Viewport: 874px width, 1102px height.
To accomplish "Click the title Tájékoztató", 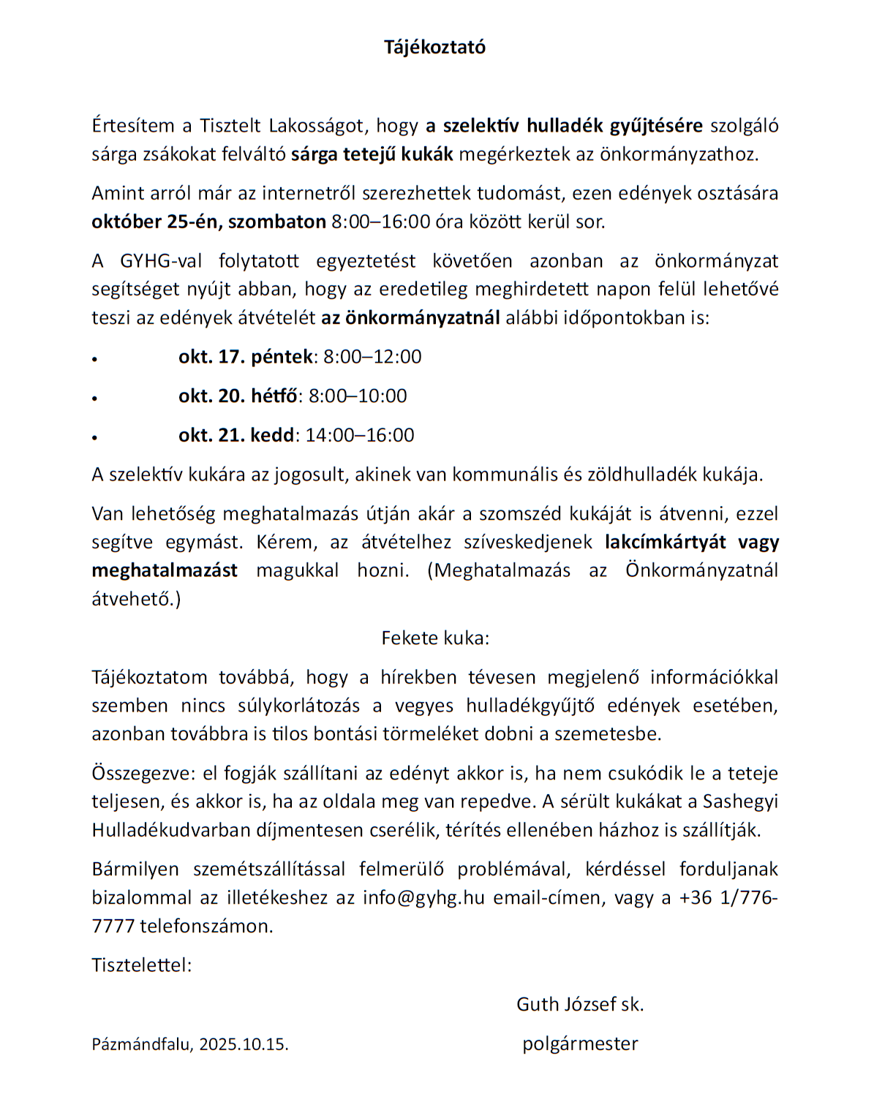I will pyautogui.click(x=434, y=48).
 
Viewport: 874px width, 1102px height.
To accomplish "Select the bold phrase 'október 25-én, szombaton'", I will pyautogui.click(x=208, y=222).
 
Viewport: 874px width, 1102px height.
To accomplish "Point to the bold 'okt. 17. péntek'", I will pyautogui.click(x=246, y=357).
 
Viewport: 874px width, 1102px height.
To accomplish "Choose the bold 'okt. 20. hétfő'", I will pyautogui.click(x=238, y=396).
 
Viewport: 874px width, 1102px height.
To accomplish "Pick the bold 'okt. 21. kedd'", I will pyautogui.click(x=236, y=435).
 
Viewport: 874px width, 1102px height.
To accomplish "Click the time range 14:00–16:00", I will pyautogui.click(x=360, y=435).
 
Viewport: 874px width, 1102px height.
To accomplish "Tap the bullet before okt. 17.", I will pyautogui.click(x=95, y=359).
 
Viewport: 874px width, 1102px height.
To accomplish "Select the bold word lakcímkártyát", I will pyautogui.click(x=666, y=542).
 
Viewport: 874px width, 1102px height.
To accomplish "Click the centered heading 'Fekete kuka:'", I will pyautogui.click(x=435, y=638).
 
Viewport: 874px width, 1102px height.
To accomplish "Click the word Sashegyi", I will pyautogui.click(x=740, y=801).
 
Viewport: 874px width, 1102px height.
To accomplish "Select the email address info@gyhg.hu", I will pyautogui.click(x=423, y=898).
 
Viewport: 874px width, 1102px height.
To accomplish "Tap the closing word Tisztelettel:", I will pyautogui.click(x=142, y=965).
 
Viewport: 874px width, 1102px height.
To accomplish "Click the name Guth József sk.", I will pyautogui.click(x=580, y=1005).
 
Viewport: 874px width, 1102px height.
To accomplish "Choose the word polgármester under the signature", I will pyautogui.click(x=580, y=1043).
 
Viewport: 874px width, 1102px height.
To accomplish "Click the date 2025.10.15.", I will pyautogui.click(x=244, y=1044).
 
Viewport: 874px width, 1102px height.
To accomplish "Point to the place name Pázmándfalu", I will pyautogui.click(x=142, y=1044).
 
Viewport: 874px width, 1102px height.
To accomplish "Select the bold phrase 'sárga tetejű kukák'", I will pyautogui.click(x=372, y=154).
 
